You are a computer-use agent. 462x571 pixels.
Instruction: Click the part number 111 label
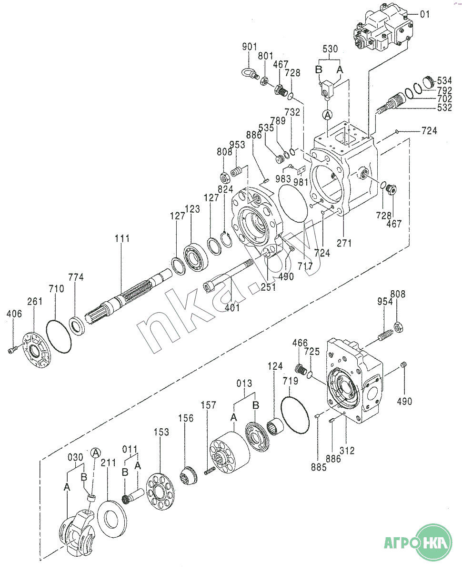[x=122, y=238]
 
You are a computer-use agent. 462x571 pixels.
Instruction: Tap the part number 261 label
[x=35, y=301]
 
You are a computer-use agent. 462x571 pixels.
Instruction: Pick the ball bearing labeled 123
[x=196, y=257]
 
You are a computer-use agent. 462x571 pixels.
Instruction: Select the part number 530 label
[x=330, y=49]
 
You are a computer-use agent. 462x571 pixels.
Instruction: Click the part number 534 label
[x=444, y=80]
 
